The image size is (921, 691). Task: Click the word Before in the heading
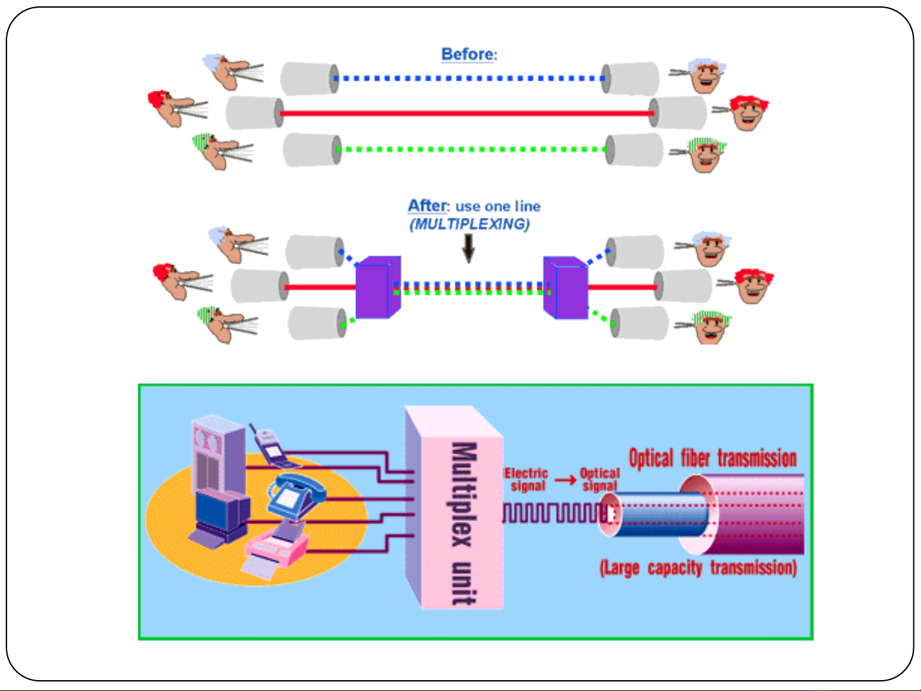coord(467,54)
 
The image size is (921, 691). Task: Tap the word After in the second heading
coord(427,206)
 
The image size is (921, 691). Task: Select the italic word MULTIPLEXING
coord(470,224)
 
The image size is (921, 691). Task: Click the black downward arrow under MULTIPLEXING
coord(468,249)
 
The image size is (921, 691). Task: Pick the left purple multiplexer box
coord(378,288)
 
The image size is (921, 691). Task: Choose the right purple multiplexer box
coord(566,288)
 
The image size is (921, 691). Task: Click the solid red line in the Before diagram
coord(467,113)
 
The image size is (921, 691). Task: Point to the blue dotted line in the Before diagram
coord(469,78)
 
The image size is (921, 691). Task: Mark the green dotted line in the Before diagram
coord(472,150)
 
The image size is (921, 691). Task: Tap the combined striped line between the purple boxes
coord(472,288)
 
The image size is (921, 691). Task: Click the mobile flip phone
coord(272,447)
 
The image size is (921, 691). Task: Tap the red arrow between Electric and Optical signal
coord(566,479)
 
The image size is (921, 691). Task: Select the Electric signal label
coord(527,479)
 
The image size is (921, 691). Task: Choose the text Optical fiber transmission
coord(713,458)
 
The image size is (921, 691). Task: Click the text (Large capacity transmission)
coord(698,568)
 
